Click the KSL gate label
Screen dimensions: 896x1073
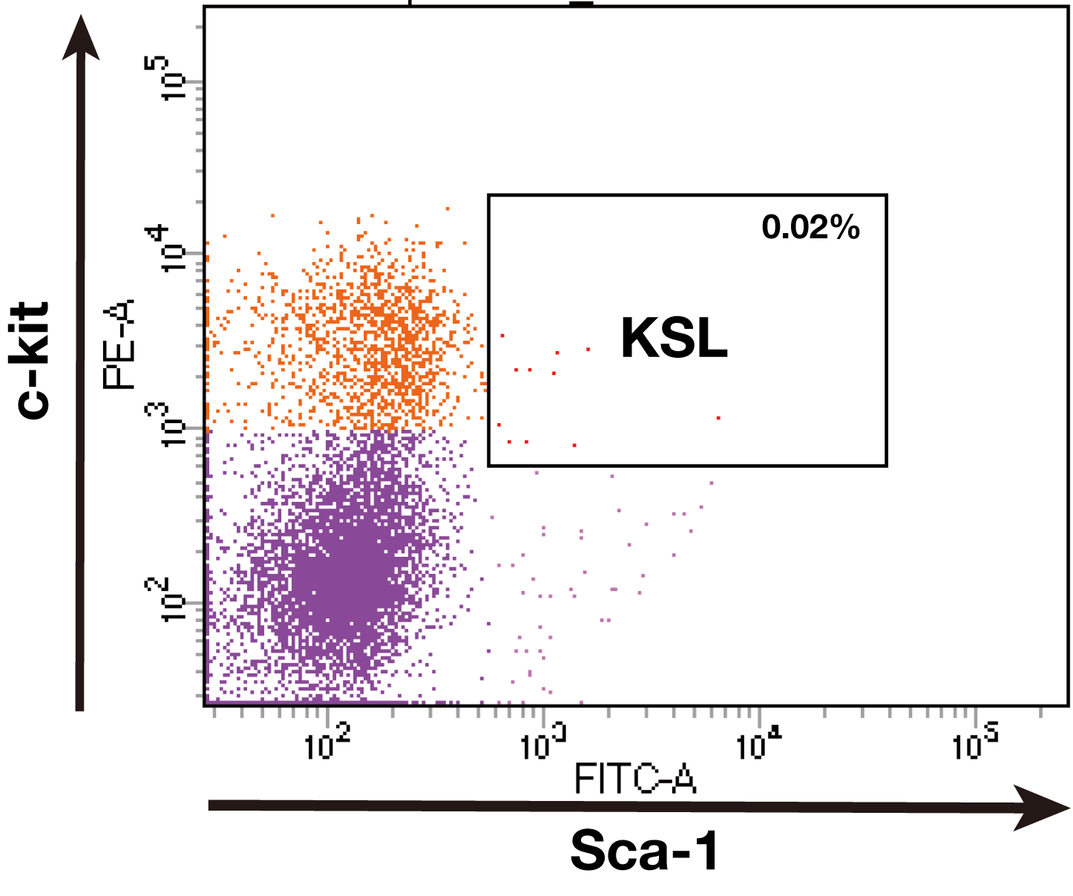pos(674,339)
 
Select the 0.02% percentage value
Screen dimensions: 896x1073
pos(810,227)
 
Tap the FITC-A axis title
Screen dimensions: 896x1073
pos(635,780)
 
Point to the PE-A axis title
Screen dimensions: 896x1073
pos(119,343)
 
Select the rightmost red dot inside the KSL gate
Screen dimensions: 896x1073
pos(718,418)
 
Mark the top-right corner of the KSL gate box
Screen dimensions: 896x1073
pos(887,196)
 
